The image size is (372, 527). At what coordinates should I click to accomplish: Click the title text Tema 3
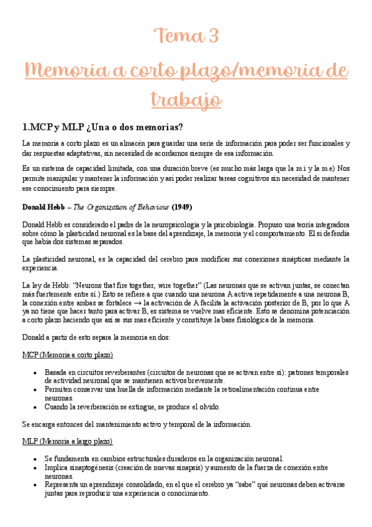click(186, 36)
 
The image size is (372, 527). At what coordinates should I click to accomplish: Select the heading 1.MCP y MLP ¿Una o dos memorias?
click(102, 127)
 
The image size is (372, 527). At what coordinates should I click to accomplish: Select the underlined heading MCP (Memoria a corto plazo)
click(67, 355)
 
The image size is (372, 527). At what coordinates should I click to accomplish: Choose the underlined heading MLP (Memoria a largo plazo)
click(67, 441)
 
